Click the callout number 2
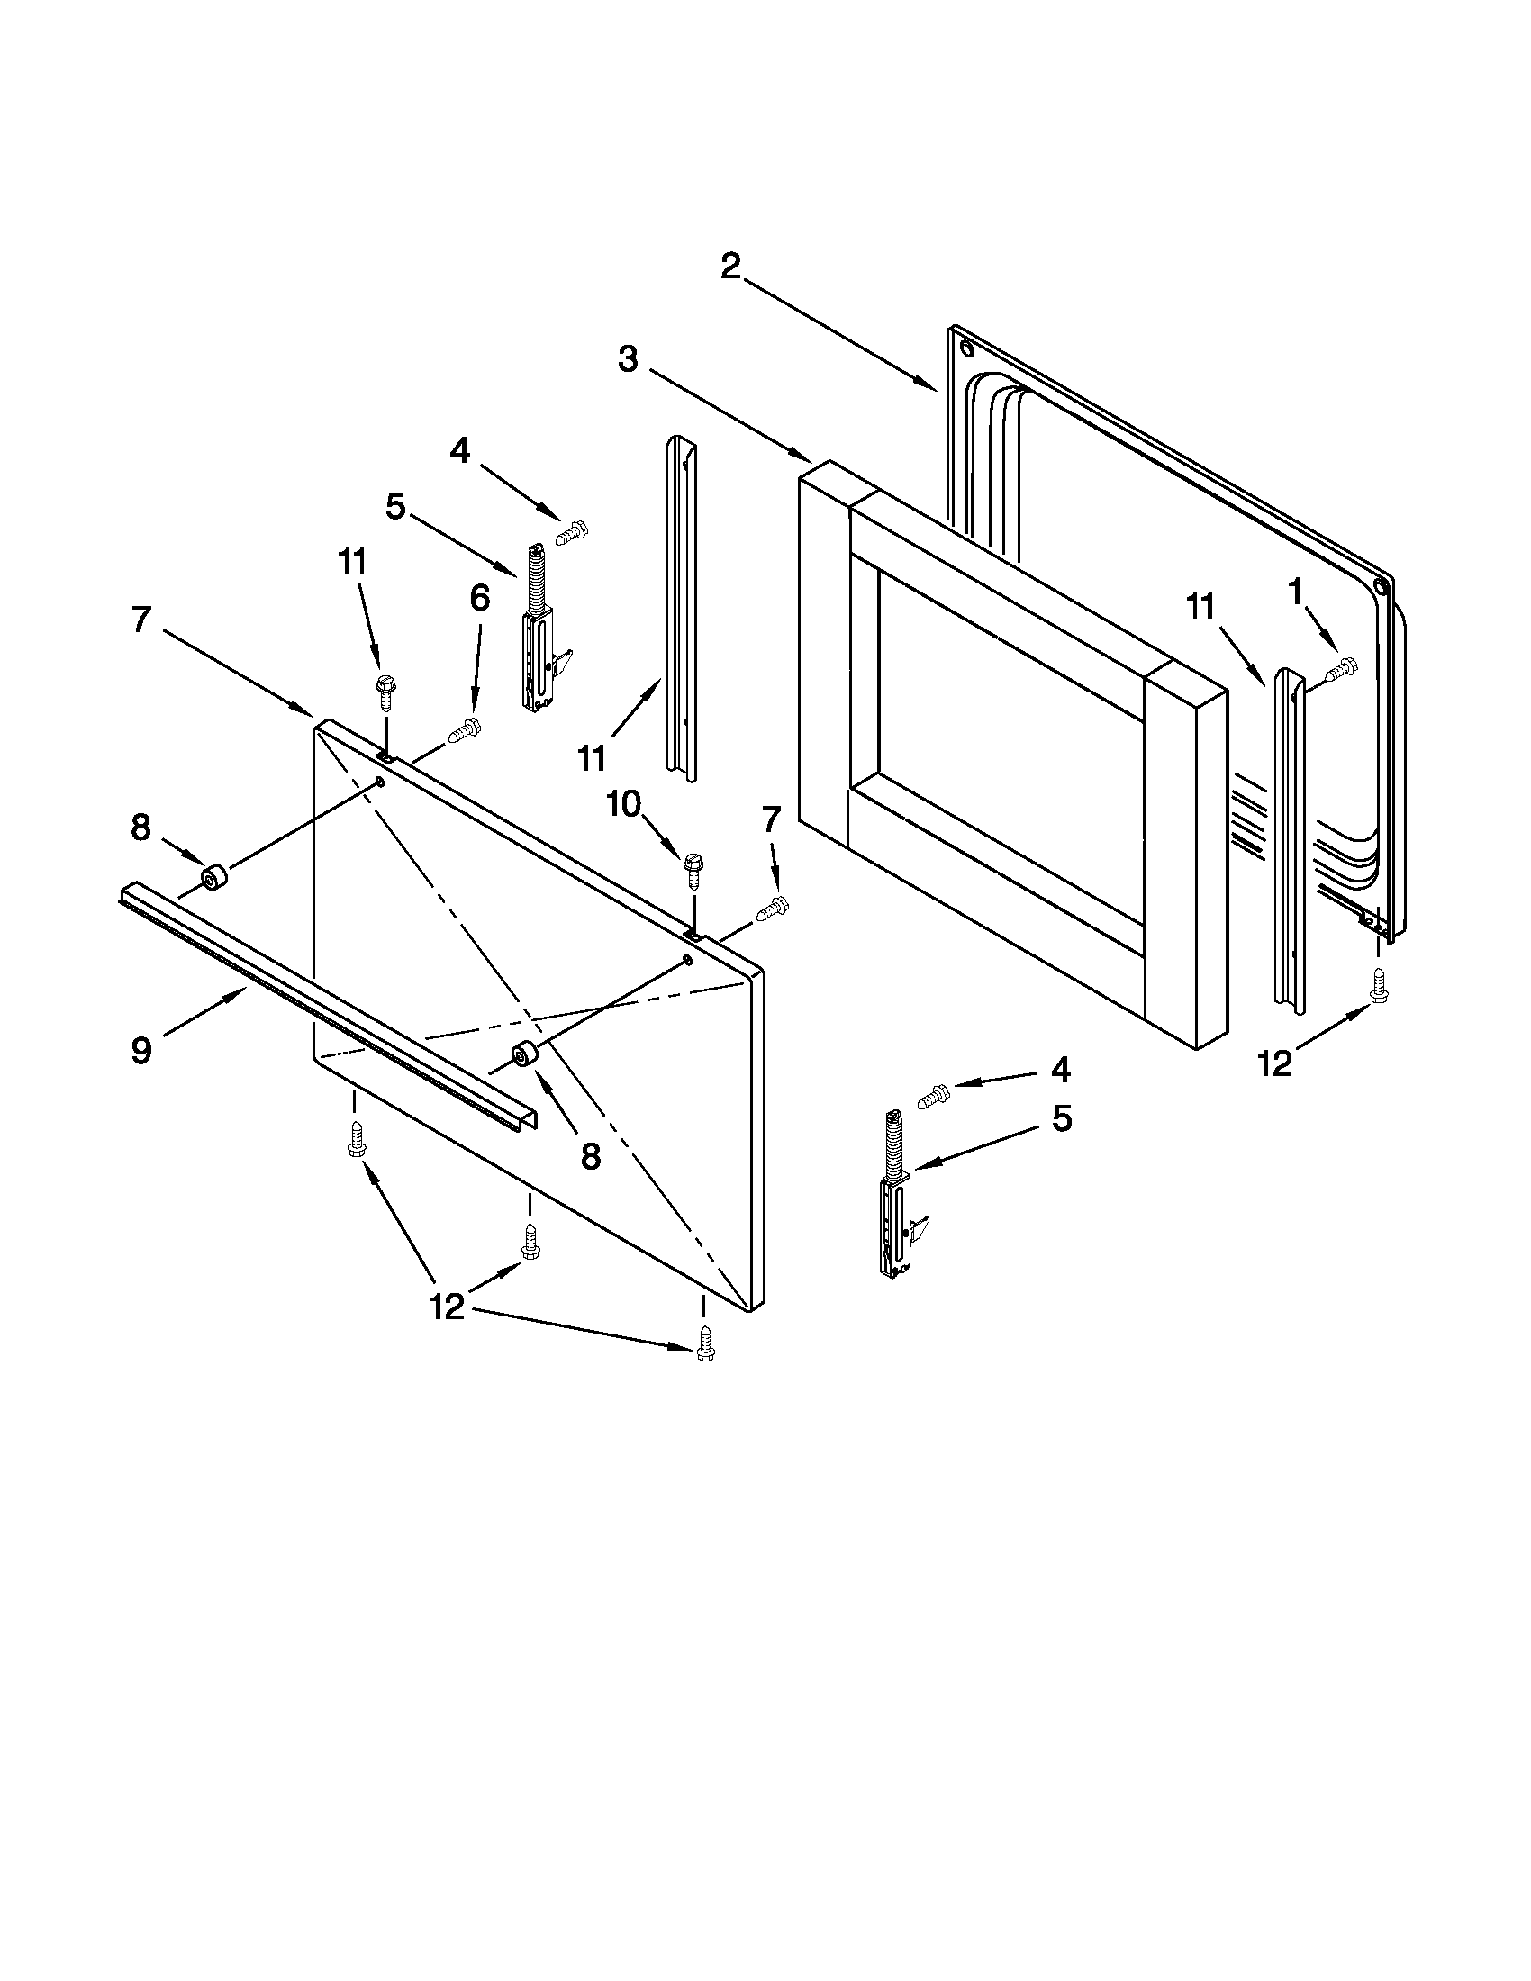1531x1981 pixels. tap(730, 267)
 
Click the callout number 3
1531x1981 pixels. tap(628, 359)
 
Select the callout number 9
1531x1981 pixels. tap(140, 1051)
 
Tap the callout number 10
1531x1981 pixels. tap(624, 803)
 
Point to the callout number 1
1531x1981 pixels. tap(1295, 592)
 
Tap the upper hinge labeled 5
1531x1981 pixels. tap(539, 626)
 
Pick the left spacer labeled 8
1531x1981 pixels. tap(214, 878)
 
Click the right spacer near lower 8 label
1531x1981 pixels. tap(525, 1055)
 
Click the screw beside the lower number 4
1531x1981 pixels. tap(933, 1097)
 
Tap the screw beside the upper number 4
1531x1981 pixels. tap(572, 532)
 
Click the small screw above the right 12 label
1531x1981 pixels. tap(1380, 987)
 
